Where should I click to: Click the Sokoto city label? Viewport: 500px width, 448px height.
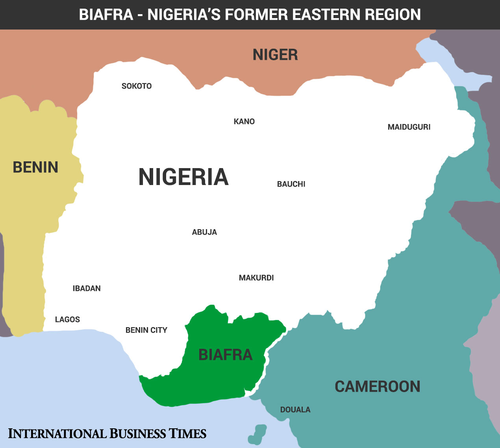[136, 86]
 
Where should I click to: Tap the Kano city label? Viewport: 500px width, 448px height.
[244, 122]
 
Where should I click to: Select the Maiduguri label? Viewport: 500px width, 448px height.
[409, 127]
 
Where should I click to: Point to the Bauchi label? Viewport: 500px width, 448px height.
[291, 184]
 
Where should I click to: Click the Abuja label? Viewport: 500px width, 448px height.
[204, 232]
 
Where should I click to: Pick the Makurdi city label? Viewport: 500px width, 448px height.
[256, 278]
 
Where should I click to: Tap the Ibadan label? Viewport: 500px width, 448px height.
[87, 289]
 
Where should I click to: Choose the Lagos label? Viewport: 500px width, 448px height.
[67, 320]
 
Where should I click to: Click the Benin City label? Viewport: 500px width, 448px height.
[146, 330]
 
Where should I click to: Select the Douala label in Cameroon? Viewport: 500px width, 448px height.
[295, 410]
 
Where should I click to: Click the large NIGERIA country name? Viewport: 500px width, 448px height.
[183, 177]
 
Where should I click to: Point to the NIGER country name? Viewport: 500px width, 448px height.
[275, 55]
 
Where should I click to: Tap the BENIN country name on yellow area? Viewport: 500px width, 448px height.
[35, 167]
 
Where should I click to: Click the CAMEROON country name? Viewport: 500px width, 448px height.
[377, 387]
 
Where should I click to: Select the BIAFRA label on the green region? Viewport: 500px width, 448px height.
[225, 355]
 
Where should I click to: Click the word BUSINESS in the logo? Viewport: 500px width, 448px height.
[138, 433]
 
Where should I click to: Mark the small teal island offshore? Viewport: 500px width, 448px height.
[258, 433]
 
